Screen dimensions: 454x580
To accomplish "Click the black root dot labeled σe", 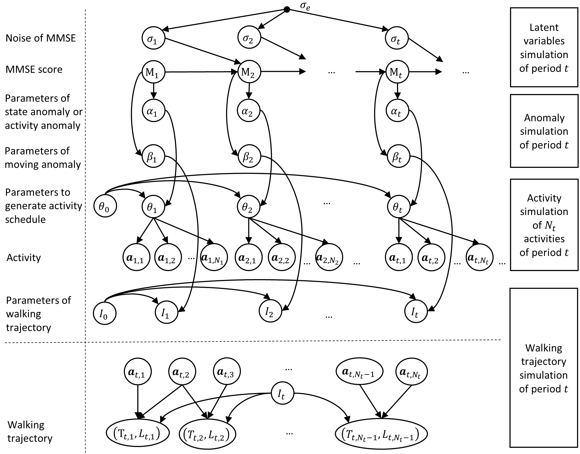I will click(x=287, y=10).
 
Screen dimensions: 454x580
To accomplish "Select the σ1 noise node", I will click(x=153, y=38).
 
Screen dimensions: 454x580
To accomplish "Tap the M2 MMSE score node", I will click(x=249, y=72).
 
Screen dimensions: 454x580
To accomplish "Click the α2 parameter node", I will click(x=249, y=111).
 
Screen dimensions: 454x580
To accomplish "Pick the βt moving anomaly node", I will click(x=398, y=156).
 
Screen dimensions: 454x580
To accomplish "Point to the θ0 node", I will click(x=105, y=206).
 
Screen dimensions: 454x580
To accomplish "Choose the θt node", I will click(x=398, y=207).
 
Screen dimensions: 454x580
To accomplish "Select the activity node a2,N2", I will click(x=329, y=257).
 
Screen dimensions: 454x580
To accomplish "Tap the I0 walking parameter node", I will click(x=105, y=313).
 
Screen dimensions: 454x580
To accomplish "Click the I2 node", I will click(x=270, y=311).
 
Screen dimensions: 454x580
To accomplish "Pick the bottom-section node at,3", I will click(x=227, y=372).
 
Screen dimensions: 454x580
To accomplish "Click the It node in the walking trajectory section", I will click(x=282, y=394).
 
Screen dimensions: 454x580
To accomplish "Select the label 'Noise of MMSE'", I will click(x=41, y=38).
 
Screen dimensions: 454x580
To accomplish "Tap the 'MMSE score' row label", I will click(x=34, y=70).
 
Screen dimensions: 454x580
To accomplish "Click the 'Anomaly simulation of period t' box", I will click(x=544, y=131).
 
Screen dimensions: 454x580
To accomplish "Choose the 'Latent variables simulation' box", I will click(x=544, y=47).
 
